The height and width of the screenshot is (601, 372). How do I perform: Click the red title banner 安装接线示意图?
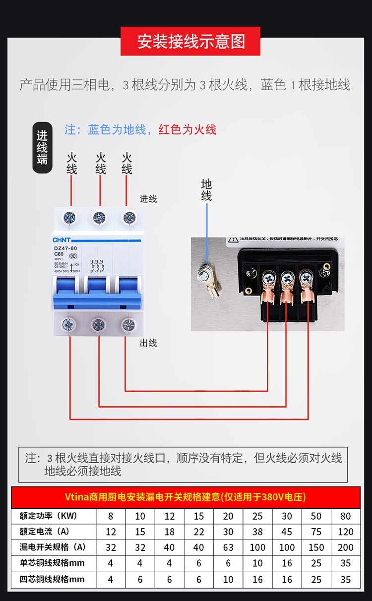[x=191, y=41]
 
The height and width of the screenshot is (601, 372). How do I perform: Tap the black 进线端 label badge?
[x=42, y=148]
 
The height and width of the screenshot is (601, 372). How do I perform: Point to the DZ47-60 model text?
[x=65, y=248]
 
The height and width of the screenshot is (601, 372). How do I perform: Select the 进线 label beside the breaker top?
[x=148, y=199]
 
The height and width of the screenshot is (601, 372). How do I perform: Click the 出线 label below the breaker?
[x=148, y=343]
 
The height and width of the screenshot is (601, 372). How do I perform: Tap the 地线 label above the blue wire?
[x=206, y=190]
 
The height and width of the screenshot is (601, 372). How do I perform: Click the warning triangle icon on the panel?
[x=233, y=240]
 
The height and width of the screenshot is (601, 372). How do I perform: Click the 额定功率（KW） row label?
[x=49, y=516]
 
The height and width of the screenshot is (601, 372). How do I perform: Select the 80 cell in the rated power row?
[x=346, y=516]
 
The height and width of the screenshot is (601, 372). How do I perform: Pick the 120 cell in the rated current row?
[x=346, y=532]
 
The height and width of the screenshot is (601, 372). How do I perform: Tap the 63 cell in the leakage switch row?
[x=228, y=547]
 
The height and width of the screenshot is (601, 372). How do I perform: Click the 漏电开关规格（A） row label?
[x=53, y=547]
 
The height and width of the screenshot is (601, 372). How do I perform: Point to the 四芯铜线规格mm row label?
[x=52, y=579]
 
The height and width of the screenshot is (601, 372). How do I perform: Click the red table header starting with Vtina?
[x=186, y=497]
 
